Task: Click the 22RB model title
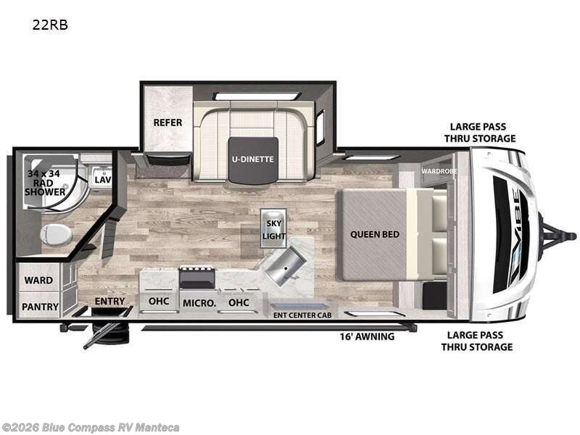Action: (50, 25)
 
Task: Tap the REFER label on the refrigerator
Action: (167, 123)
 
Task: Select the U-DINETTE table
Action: (253, 159)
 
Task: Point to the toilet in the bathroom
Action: (56, 234)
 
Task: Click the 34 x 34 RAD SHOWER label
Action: (44, 183)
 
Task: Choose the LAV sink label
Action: (102, 180)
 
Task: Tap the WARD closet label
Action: (38, 281)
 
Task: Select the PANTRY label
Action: (40, 307)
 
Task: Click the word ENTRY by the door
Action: (109, 302)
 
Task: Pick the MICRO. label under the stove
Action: (199, 303)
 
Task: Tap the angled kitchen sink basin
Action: (285, 266)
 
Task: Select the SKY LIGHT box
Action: (274, 228)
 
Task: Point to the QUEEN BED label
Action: (375, 234)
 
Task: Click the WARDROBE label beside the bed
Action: (439, 171)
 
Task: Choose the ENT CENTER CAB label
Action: (302, 315)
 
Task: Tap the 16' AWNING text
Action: (367, 336)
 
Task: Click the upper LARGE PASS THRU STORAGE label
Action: (480, 133)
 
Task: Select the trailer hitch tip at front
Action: (573, 236)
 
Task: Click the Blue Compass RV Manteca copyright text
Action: (90, 428)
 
